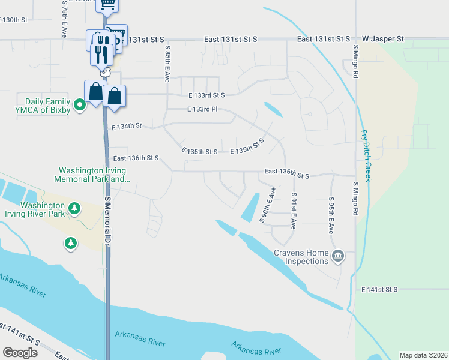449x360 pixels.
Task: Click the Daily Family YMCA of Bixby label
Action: [47, 106]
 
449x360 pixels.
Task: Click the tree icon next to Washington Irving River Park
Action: [74, 208]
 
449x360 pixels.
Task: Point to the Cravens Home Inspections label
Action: [301, 257]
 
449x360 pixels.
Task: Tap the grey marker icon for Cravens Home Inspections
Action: [338, 256]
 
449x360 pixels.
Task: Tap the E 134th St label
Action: [126, 126]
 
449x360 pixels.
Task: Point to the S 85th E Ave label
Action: [167, 64]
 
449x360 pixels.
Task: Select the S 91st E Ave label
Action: [293, 211]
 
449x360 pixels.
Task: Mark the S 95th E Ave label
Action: [330, 214]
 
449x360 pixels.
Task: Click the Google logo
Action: [20, 353]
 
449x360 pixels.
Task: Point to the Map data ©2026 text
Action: [423, 355]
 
